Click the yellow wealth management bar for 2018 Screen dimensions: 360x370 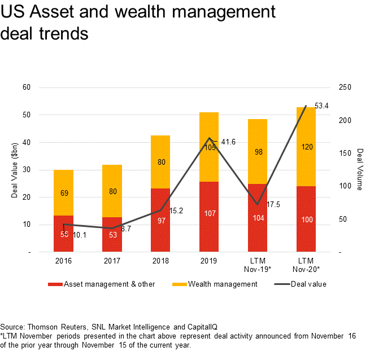[x=161, y=162]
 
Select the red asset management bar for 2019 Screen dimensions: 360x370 [x=209, y=217]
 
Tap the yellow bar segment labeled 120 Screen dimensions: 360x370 [x=306, y=146]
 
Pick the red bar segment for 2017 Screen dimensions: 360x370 [x=112, y=234]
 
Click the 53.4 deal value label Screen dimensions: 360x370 [x=321, y=106]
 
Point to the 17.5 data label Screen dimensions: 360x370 [x=273, y=204]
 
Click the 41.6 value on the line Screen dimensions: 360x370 [x=228, y=143]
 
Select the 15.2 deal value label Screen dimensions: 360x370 [x=176, y=210]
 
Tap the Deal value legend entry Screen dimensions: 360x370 [x=308, y=284]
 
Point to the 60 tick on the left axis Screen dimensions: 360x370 [x=27, y=87]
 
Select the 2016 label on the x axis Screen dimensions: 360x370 [x=63, y=262]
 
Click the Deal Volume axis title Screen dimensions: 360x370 [x=360, y=170]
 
